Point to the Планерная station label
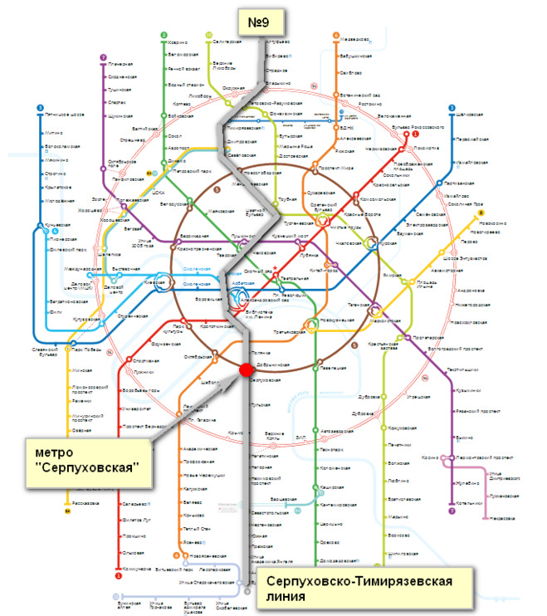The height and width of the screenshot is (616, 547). [x=120, y=64]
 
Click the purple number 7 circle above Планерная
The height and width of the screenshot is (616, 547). [x=103, y=57]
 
